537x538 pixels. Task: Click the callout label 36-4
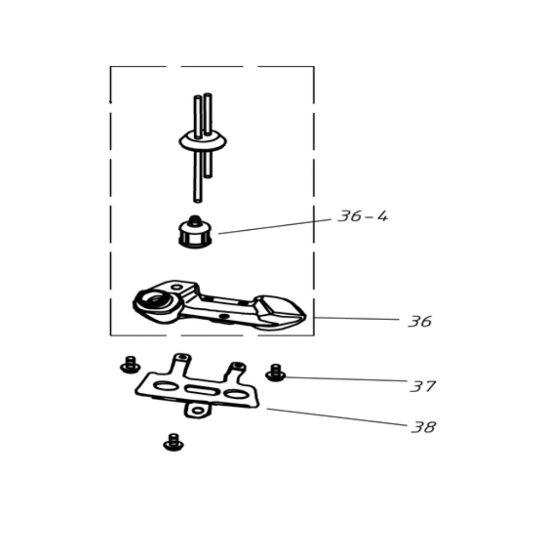pos(363,216)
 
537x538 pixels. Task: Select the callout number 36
pos(420,322)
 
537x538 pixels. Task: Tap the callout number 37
pos(423,386)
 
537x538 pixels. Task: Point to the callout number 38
pos(423,427)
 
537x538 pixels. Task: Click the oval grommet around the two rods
pos(202,141)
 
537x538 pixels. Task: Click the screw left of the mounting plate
pos(130,365)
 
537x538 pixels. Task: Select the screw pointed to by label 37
pos(275,373)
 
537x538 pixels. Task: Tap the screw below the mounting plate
pos(173,442)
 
